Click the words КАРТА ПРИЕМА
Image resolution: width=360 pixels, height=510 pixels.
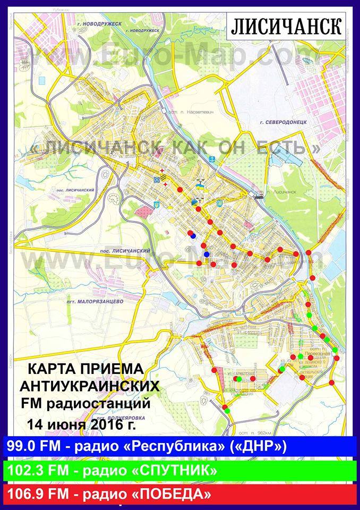pyautogui.click(x=85, y=368)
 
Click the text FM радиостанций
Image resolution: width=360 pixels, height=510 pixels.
pyautogui.click(x=85, y=404)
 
